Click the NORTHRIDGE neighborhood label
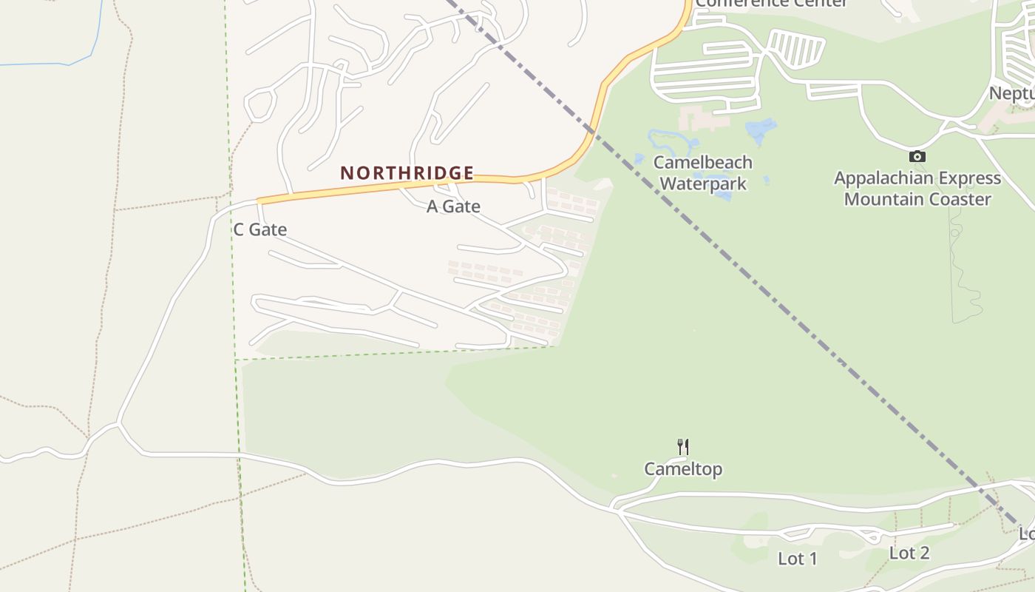tap(407, 173)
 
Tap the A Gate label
tap(453, 206)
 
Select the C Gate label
tap(259, 229)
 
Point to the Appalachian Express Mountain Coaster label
tap(917, 189)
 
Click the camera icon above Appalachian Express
tap(917, 156)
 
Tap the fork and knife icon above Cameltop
tap(683, 447)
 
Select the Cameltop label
tap(683, 469)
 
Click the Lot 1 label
tap(798, 559)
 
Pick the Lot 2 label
tap(909, 553)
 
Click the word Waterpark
tap(703, 183)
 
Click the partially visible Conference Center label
tap(771, 3)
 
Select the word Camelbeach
tap(703, 162)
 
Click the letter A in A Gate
tap(432, 206)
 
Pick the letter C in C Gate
tap(239, 229)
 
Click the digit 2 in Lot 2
tap(923, 553)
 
